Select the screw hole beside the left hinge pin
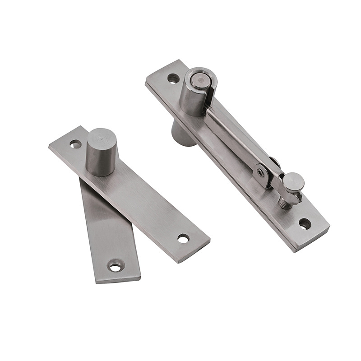tap(75, 144)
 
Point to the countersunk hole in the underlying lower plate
tap(116, 266)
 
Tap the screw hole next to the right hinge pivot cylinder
tap(173, 79)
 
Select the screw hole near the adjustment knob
tap(305, 223)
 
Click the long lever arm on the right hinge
tap(235, 135)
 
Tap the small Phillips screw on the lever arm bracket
tap(261, 171)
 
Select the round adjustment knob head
tap(294, 180)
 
